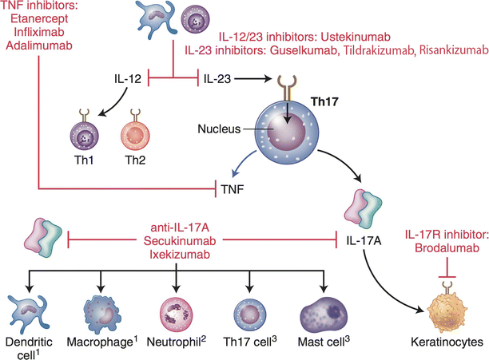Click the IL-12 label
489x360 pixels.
click(x=129, y=79)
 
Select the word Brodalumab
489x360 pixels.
click(x=443, y=250)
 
